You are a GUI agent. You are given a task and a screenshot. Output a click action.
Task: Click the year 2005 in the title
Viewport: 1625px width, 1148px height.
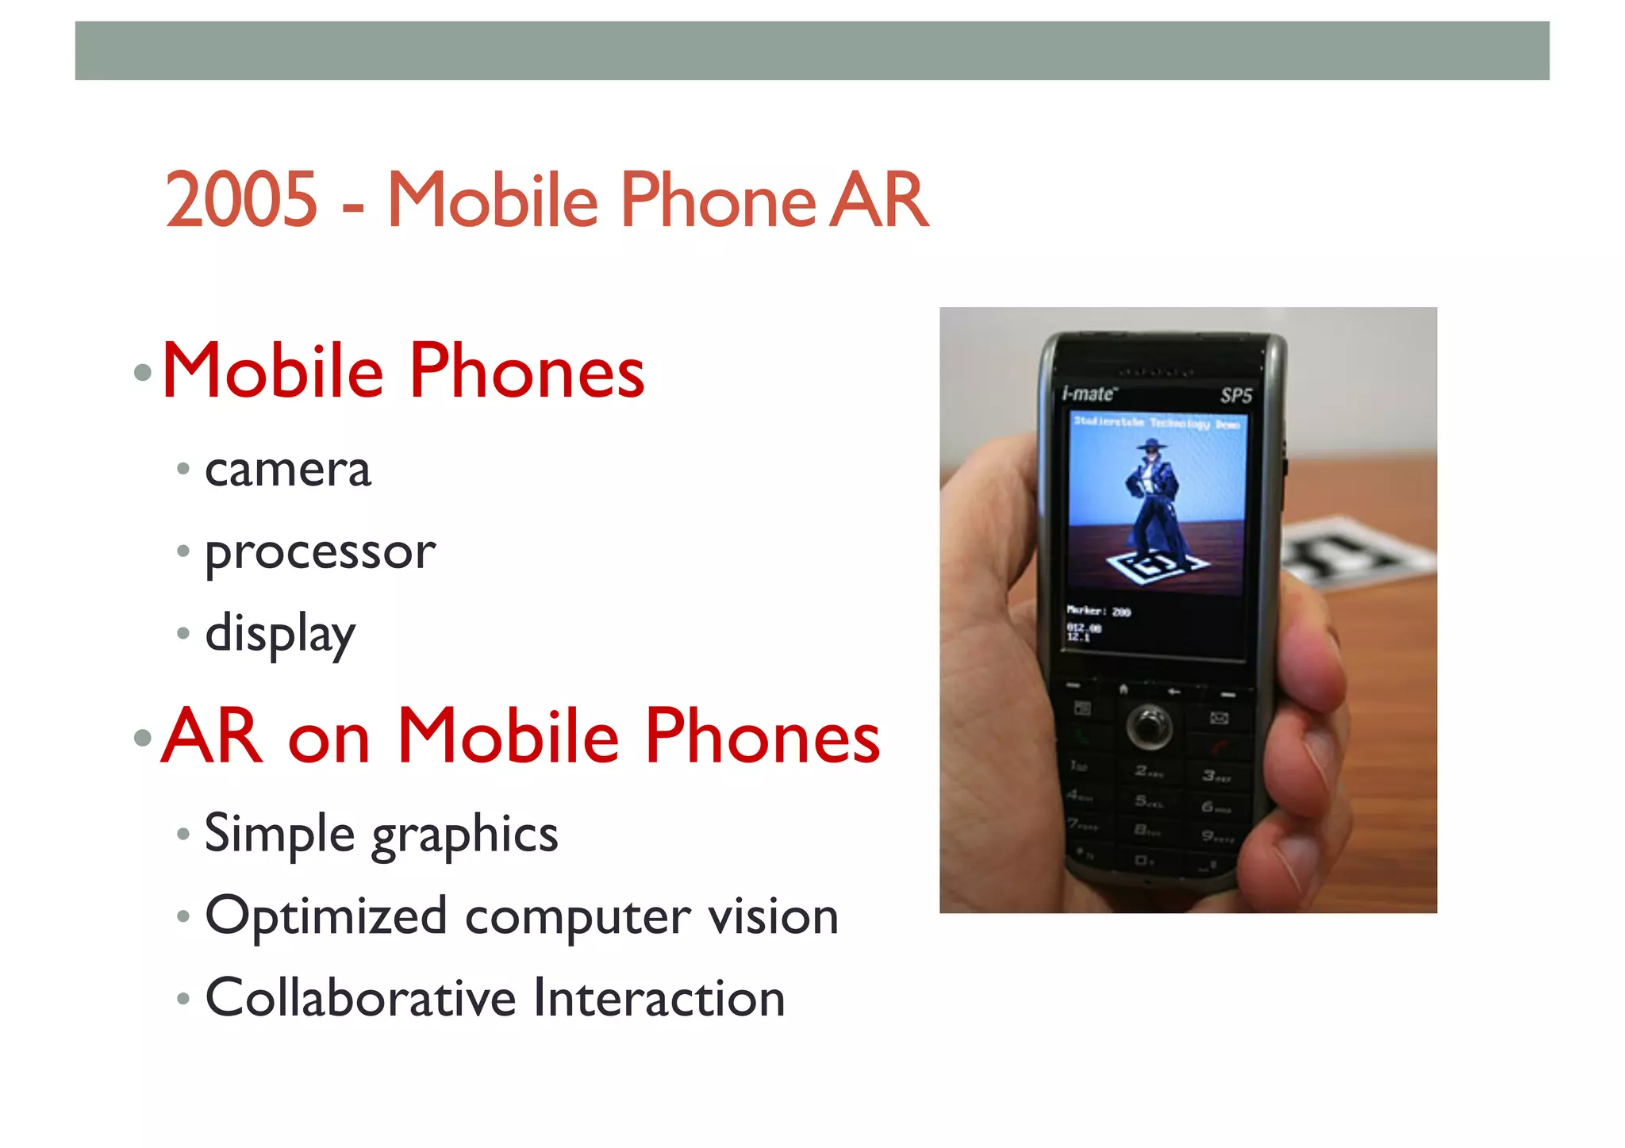click(x=241, y=200)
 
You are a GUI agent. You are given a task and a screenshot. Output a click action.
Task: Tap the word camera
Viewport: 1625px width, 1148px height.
click(x=287, y=470)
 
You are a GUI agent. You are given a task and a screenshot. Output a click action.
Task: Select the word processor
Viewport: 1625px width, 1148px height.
click(x=320, y=553)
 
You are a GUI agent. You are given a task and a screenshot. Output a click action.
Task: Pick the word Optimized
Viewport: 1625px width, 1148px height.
click(x=325, y=916)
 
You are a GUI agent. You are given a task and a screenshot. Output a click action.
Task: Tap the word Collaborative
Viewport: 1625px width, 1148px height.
click(x=360, y=997)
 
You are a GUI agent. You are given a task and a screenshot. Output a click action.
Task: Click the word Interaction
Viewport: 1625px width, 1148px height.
click(x=659, y=997)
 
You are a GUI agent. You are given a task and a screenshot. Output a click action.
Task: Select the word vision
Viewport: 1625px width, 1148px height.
click(x=773, y=916)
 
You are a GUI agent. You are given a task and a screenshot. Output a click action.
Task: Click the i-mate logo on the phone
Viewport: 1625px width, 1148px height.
click(x=1089, y=394)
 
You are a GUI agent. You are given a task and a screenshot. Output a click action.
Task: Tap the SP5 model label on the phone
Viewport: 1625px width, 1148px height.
click(x=1235, y=396)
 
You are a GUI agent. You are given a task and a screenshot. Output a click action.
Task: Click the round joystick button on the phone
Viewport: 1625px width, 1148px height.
click(x=1148, y=725)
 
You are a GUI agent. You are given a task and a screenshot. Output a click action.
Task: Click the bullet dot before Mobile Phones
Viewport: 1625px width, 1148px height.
click(x=143, y=372)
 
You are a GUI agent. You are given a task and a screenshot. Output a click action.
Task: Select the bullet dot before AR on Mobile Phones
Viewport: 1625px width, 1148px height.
click(x=143, y=738)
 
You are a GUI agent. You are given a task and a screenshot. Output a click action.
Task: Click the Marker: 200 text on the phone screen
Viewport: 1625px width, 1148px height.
click(x=1098, y=611)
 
